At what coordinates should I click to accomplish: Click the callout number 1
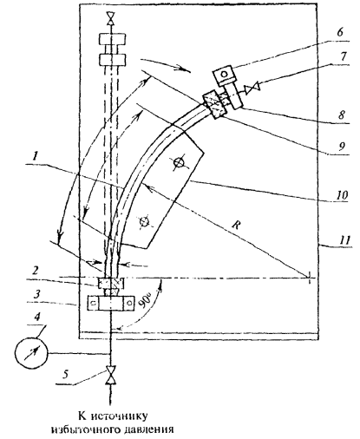(x=35, y=158)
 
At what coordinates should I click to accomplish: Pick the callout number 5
(x=66, y=375)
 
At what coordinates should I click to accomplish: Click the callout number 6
(x=340, y=32)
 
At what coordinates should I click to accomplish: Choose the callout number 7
(x=343, y=56)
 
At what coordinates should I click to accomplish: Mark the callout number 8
(x=342, y=115)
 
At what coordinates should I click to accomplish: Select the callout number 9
(x=342, y=147)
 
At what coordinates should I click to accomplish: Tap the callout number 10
(x=342, y=194)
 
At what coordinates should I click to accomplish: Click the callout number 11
(x=344, y=239)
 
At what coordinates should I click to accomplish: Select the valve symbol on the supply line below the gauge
(x=110, y=376)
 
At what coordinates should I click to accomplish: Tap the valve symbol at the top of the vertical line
(x=110, y=19)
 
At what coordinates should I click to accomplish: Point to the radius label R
(x=236, y=225)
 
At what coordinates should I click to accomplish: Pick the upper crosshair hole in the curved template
(x=179, y=162)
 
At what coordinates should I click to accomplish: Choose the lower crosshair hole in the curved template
(x=144, y=222)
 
